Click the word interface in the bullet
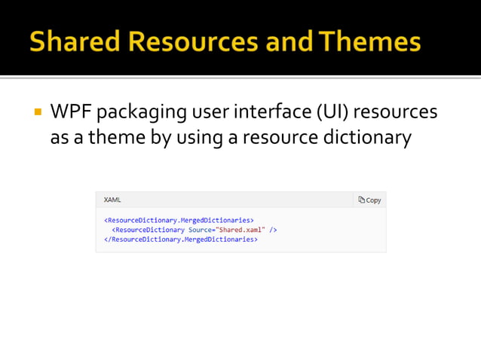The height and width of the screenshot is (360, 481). [x=268, y=114]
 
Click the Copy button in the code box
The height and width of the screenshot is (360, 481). [x=369, y=200]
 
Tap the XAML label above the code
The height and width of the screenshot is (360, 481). [x=112, y=200]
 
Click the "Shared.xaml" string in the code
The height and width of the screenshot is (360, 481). [x=240, y=229]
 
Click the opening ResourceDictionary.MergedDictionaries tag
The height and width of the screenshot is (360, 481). [x=179, y=220]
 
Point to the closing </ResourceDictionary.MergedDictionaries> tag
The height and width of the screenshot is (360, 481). [x=181, y=239]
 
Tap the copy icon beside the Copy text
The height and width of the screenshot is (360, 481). [x=362, y=200]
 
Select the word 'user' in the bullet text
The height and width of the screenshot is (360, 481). [x=213, y=114]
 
